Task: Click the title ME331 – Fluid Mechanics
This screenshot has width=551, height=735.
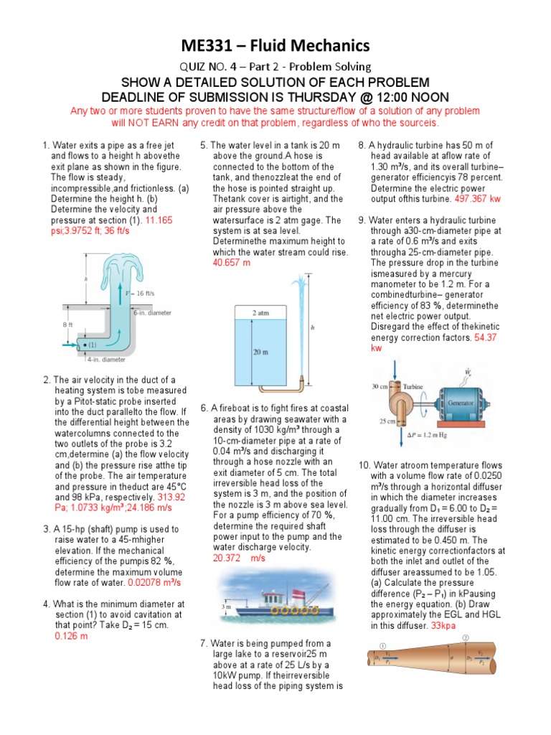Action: pyautogui.click(x=275, y=47)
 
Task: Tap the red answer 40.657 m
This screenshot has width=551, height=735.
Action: pyautogui.click(x=232, y=263)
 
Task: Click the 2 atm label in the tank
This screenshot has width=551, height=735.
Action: pyautogui.click(x=260, y=313)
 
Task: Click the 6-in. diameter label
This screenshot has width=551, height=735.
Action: pyautogui.click(x=150, y=312)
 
